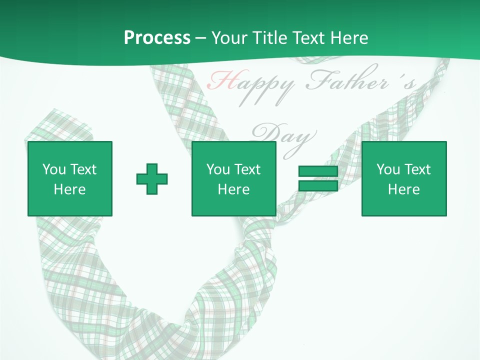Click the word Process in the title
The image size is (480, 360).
click(x=157, y=38)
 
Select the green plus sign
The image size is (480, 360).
click(x=152, y=179)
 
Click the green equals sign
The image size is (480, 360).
click(x=318, y=179)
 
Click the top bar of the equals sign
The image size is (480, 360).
click(x=318, y=172)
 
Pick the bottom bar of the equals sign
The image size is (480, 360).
click(x=318, y=186)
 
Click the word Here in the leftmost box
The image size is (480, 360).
click(x=69, y=189)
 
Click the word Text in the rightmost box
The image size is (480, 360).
click(x=417, y=169)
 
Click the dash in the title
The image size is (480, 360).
click(x=200, y=38)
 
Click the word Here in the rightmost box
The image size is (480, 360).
click(x=403, y=189)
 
